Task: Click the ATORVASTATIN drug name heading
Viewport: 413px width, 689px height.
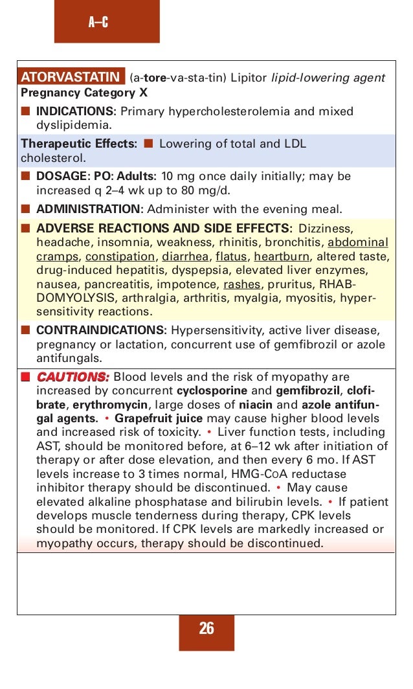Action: [72, 78]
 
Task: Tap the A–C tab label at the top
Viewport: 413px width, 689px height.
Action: [98, 23]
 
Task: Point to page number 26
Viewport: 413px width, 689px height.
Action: [206, 628]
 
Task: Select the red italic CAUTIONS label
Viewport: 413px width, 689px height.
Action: [73, 377]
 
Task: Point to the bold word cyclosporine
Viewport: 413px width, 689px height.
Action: [212, 390]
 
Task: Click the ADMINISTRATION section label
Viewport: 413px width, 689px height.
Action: [91, 209]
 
